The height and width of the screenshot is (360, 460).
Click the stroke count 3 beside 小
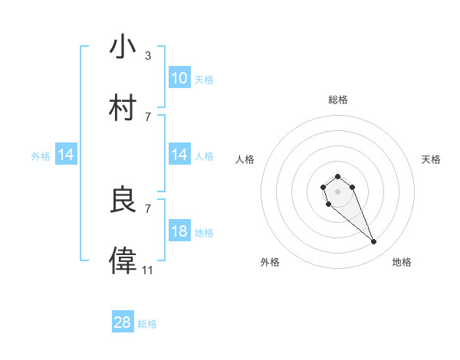point(148,55)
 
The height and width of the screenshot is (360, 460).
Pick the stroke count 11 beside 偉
point(147,270)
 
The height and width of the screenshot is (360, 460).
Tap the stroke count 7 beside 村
point(148,116)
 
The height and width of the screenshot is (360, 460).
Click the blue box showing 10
point(179,78)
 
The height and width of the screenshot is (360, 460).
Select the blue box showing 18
point(179,232)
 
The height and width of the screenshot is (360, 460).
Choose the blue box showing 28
point(123,322)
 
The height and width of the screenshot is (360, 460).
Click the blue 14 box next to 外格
point(66,155)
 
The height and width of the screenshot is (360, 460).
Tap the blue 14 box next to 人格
point(179,155)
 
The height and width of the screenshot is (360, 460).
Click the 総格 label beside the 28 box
point(147,324)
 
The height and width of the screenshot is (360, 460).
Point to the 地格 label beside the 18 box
point(204,233)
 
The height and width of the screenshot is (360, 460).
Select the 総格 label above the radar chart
point(338,100)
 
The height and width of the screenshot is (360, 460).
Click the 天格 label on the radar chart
point(431,159)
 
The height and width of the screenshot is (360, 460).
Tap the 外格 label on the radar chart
point(270,262)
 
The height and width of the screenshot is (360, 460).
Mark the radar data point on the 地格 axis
point(374,242)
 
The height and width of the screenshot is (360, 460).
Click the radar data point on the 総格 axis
point(337,176)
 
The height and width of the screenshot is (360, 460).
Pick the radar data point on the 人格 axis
point(324,187)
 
